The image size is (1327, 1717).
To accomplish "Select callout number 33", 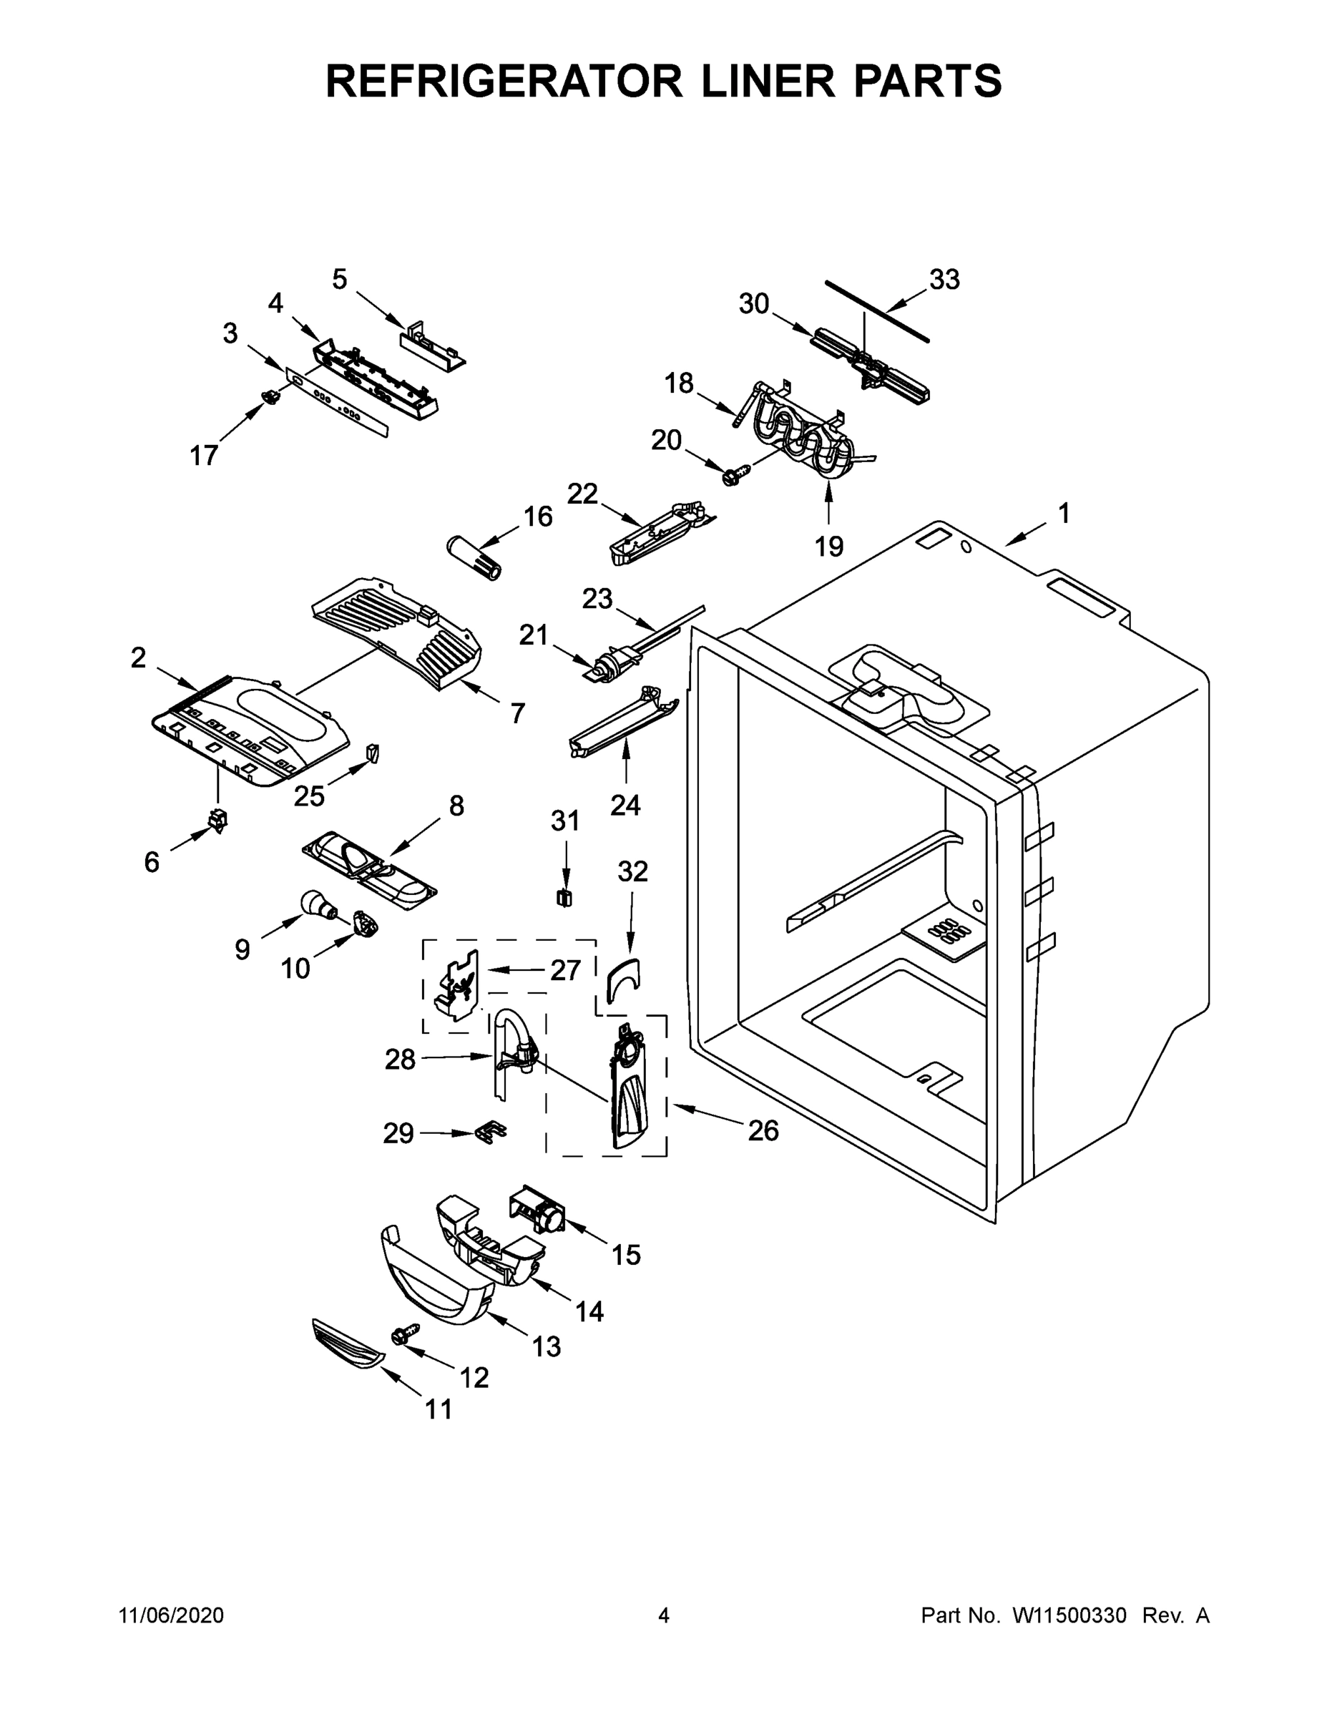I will [944, 279].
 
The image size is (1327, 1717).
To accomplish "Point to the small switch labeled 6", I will [217, 820].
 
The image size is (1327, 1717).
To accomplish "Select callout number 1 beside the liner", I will [1064, 515].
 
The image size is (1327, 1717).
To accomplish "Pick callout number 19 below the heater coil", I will [828, 546].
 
